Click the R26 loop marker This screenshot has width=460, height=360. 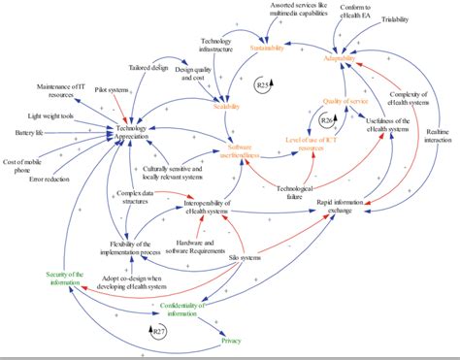coord(327,119)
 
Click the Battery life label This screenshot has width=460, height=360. coord(25,133)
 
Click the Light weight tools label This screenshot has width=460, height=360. coord(46,115)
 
